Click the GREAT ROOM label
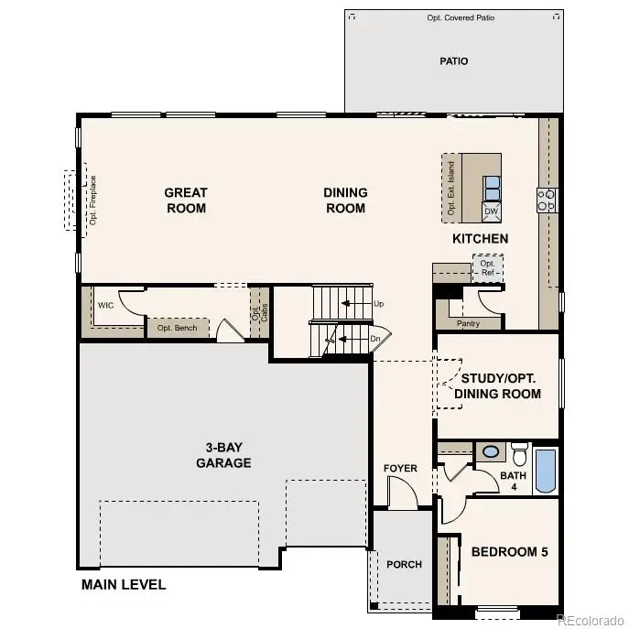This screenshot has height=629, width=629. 186,201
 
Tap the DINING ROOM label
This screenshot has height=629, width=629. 345,201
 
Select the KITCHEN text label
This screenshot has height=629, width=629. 480,239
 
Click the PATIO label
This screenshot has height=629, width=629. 454,61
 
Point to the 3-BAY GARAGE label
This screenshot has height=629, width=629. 223,455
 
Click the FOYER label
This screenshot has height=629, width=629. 400,469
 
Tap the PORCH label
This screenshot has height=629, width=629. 404,564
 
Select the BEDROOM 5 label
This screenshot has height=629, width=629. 508,552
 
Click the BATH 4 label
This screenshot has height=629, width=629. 512,481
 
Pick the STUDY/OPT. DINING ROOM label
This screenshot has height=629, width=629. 501,385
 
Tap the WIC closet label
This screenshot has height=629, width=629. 106,305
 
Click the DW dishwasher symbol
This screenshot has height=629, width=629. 492,211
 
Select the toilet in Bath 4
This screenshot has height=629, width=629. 519,455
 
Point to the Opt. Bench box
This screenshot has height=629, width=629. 177,328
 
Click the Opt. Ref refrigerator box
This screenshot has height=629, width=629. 487,269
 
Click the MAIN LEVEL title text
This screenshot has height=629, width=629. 124,584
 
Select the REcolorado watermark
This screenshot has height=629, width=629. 590,620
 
